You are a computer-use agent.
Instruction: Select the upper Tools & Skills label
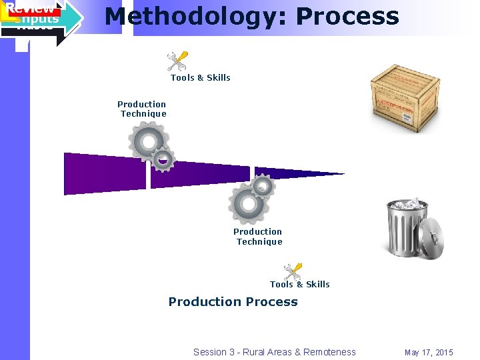(x=200, y=78)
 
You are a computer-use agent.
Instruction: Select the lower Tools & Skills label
(x=299, y=285)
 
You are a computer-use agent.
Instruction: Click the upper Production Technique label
(x=142, y=109)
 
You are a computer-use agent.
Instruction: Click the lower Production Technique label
(x=258, y=237)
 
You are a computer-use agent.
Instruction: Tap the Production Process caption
(x=233, y=302)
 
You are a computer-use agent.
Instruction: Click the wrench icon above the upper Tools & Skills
(x=177, y=61)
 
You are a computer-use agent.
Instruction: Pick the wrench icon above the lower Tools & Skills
(x=292, y=271)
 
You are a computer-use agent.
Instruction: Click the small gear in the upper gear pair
(x=163, y=160)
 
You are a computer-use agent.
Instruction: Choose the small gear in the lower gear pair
(x=263, y=187)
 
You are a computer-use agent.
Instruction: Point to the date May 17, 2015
(x=428, y=352)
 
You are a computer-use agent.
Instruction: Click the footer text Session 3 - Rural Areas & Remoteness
(x=274, y=352)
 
